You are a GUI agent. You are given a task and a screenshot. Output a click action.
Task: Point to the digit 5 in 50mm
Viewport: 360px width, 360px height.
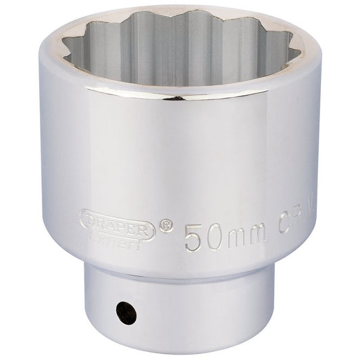click(x=193, y=237)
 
